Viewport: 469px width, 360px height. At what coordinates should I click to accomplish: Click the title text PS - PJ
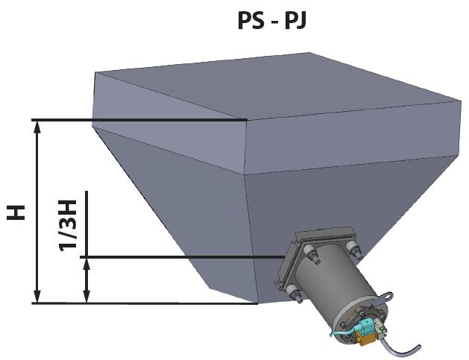(x=271, y=20)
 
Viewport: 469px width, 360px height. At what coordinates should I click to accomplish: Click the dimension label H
(x=17, y=212)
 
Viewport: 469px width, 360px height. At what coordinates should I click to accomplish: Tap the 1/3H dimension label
(x=68, y=224)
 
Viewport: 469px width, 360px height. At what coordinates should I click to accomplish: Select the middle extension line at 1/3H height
(x=179, y=258)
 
